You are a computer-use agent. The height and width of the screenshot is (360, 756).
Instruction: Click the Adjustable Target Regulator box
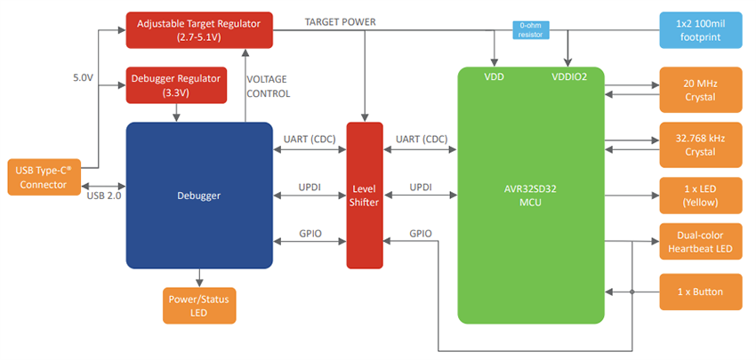[198, 29]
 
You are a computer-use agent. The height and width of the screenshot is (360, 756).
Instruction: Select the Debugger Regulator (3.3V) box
[178, 85]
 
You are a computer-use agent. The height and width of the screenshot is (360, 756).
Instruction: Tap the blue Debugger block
[198, 195]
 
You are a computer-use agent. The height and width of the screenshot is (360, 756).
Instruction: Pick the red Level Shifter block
[364, 195]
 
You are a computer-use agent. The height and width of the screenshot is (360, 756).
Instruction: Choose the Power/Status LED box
[199, 306]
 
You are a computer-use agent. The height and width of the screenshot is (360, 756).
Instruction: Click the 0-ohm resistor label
[531, 29]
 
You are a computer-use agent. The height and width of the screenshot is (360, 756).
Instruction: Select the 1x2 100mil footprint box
[700, 29]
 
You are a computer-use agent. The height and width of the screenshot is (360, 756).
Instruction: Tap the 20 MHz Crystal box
[700, 90]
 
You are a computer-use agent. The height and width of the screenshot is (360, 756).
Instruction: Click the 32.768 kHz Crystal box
[700, 146]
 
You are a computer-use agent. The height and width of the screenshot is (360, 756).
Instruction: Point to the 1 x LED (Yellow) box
[700, 195]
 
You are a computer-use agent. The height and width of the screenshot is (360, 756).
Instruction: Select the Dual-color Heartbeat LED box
[700, 242]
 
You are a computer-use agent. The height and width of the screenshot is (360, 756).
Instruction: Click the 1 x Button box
[700, 292]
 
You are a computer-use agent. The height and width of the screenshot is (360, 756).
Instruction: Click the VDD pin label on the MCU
[495, 77]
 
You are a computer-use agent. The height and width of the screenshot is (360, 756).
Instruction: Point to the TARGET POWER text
[340, 21]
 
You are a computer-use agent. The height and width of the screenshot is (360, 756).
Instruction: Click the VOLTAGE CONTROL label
[268, 86]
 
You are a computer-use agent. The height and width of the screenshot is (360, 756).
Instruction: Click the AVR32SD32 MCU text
[531, 195]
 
